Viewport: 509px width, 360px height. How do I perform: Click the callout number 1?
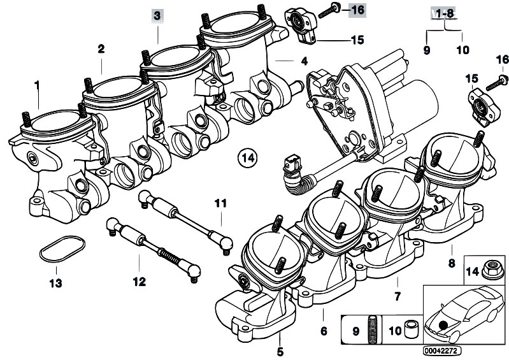click(36, 84)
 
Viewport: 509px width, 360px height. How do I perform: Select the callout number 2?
click(101, 48)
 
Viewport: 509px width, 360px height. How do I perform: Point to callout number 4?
click(304, 61)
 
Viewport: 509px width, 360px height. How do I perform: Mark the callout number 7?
click(397, 296)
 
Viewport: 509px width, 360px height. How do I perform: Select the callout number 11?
click(220, 204)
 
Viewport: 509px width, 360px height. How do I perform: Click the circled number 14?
click(248, 157)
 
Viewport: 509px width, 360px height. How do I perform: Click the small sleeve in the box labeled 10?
click(411, 329)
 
